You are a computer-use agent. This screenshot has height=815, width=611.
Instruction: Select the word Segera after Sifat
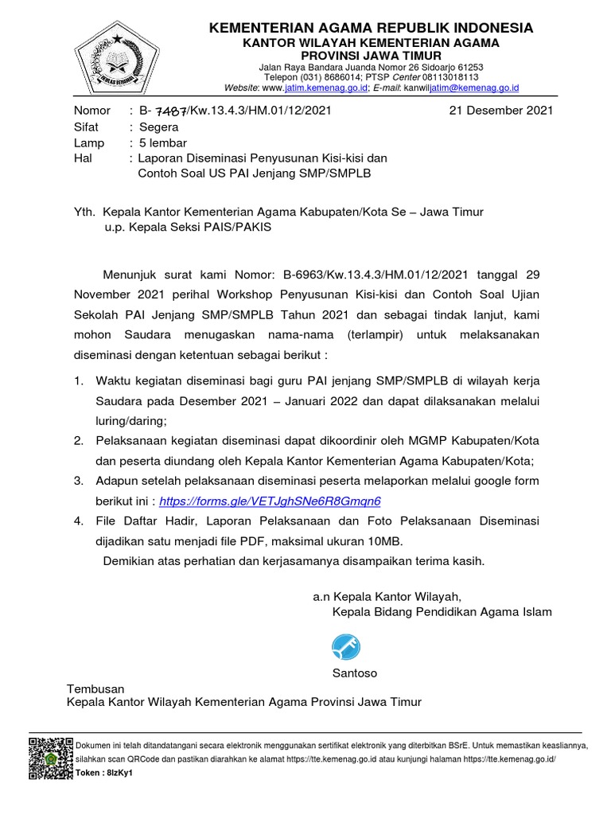click(x=159, y=127)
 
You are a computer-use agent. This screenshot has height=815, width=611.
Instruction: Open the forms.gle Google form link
click(x=270, y=501)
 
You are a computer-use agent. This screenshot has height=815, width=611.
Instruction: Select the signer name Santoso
click(x=355, y=673)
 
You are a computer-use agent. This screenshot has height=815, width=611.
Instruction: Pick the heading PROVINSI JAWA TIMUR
click(x=371, y=55)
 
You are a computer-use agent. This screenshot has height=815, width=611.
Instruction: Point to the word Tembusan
click(x=95, y=688)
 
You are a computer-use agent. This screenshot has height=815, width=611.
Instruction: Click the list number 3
click(x=79, y=481)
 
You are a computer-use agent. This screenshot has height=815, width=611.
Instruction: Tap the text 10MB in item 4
click(x=383, y=540)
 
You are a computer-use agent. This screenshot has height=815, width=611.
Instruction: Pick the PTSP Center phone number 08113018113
click(x=448, y=77)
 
